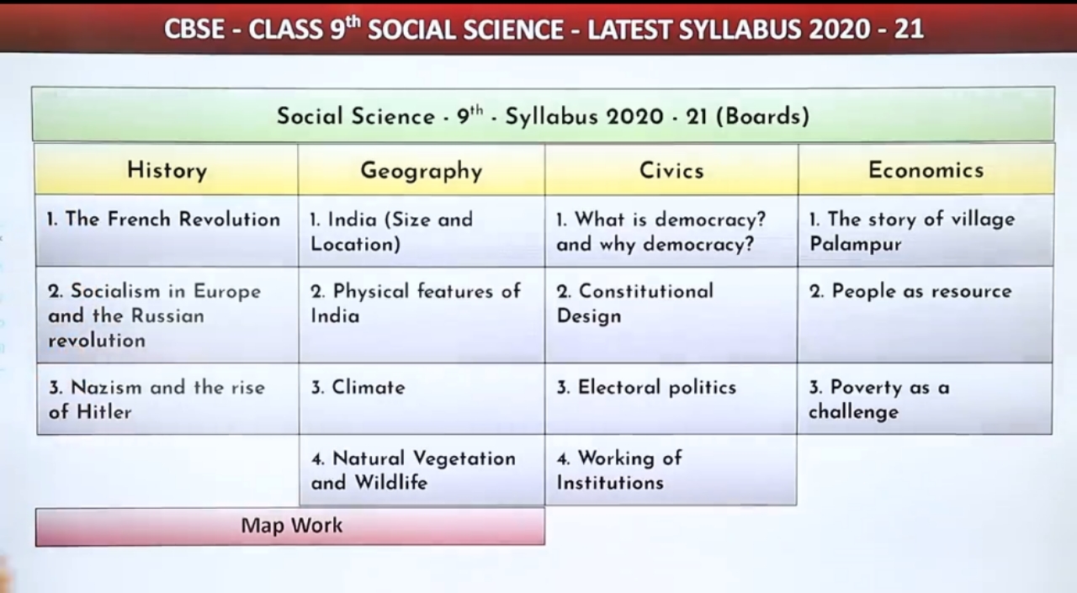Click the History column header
point(167,170)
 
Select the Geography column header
point(421,171)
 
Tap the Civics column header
point(671,170)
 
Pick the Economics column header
point(925,170)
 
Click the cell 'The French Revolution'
point(167,230)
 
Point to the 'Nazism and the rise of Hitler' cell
point(167,399)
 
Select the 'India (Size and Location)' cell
point(421,231)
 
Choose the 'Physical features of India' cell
point(421,315)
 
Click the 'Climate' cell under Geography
point(421,399)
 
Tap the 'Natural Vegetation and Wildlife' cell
point(421,470)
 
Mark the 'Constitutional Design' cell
point(671,315)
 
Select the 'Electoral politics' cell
point(671,399)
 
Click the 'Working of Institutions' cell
point(671,470)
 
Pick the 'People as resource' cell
point(925,315)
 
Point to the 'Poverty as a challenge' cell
point(925,399)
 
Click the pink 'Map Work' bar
point(290,527)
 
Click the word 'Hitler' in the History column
point(103,412)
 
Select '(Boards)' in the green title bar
point(761,116)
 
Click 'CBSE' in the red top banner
point(194,29)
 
